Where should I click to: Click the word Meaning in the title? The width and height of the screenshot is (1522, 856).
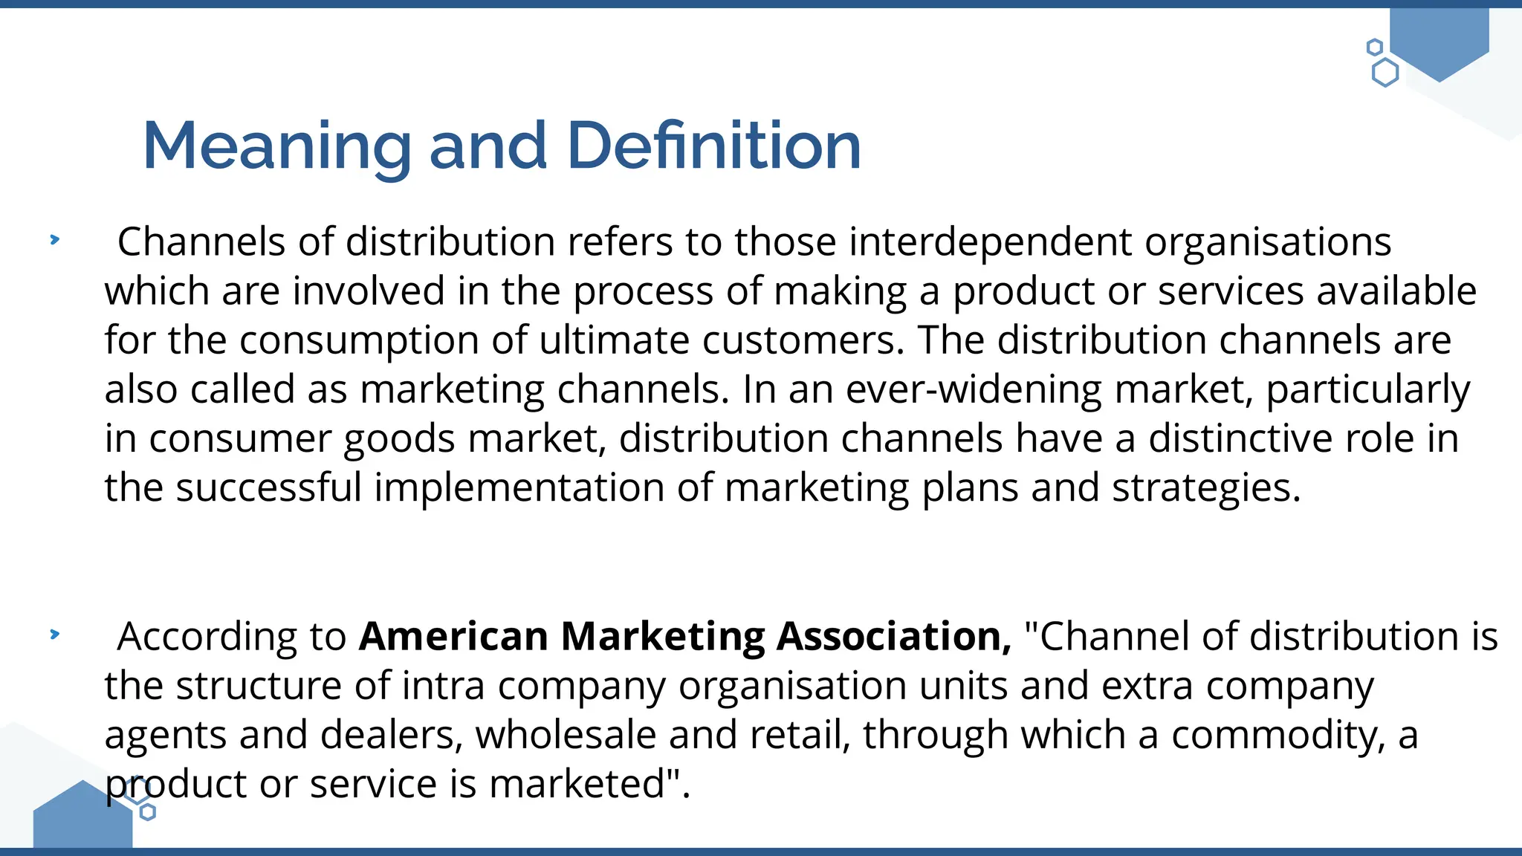(x=276, y=146)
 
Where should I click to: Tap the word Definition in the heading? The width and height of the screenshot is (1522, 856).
(x=713, y=146)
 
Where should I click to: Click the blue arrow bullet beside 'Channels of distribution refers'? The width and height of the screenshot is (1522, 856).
(x=54, y=239)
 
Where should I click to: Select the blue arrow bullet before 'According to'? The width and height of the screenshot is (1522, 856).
(x=54, y=634)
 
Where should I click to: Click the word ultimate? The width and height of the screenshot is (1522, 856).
(x=614, y=340)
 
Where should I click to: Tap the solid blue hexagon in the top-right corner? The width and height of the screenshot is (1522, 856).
(x=1439, y=41)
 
